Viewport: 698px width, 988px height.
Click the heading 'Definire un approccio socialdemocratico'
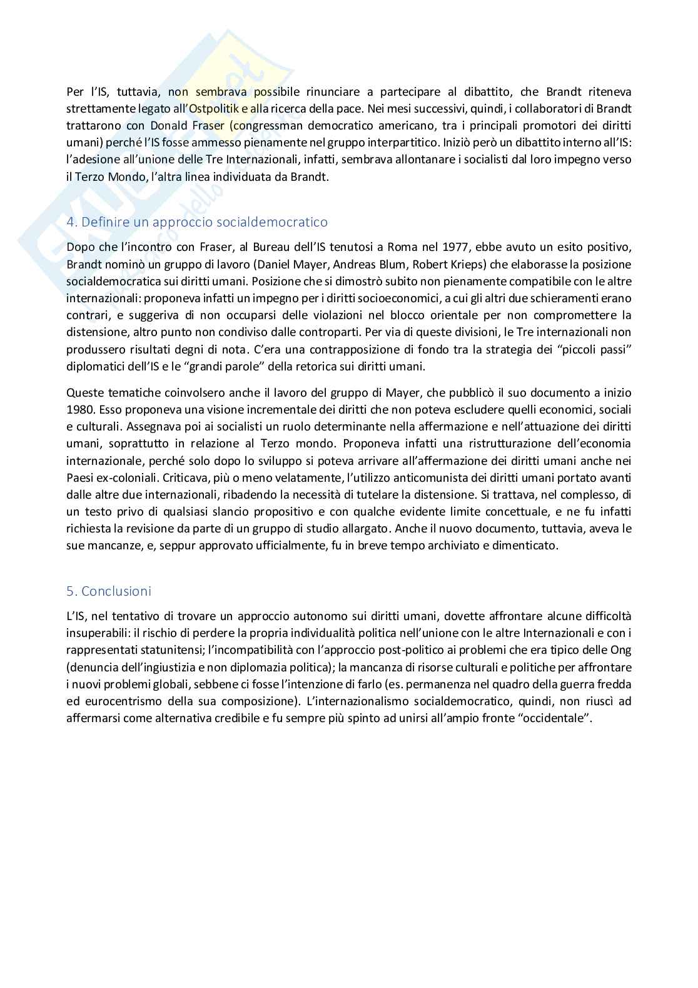pos(205,222)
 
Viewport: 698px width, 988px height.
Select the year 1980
pos(79,410)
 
